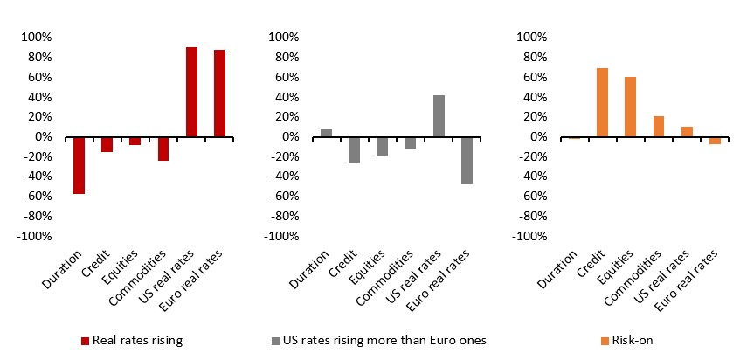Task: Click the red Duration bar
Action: [80, 165]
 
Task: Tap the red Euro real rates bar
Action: [219, 93]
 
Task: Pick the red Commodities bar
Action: [163, 149]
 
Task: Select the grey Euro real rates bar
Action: [467, 160]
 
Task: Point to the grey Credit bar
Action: [355, 149]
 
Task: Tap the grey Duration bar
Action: [327, 133]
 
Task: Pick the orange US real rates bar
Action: [686, 132]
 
